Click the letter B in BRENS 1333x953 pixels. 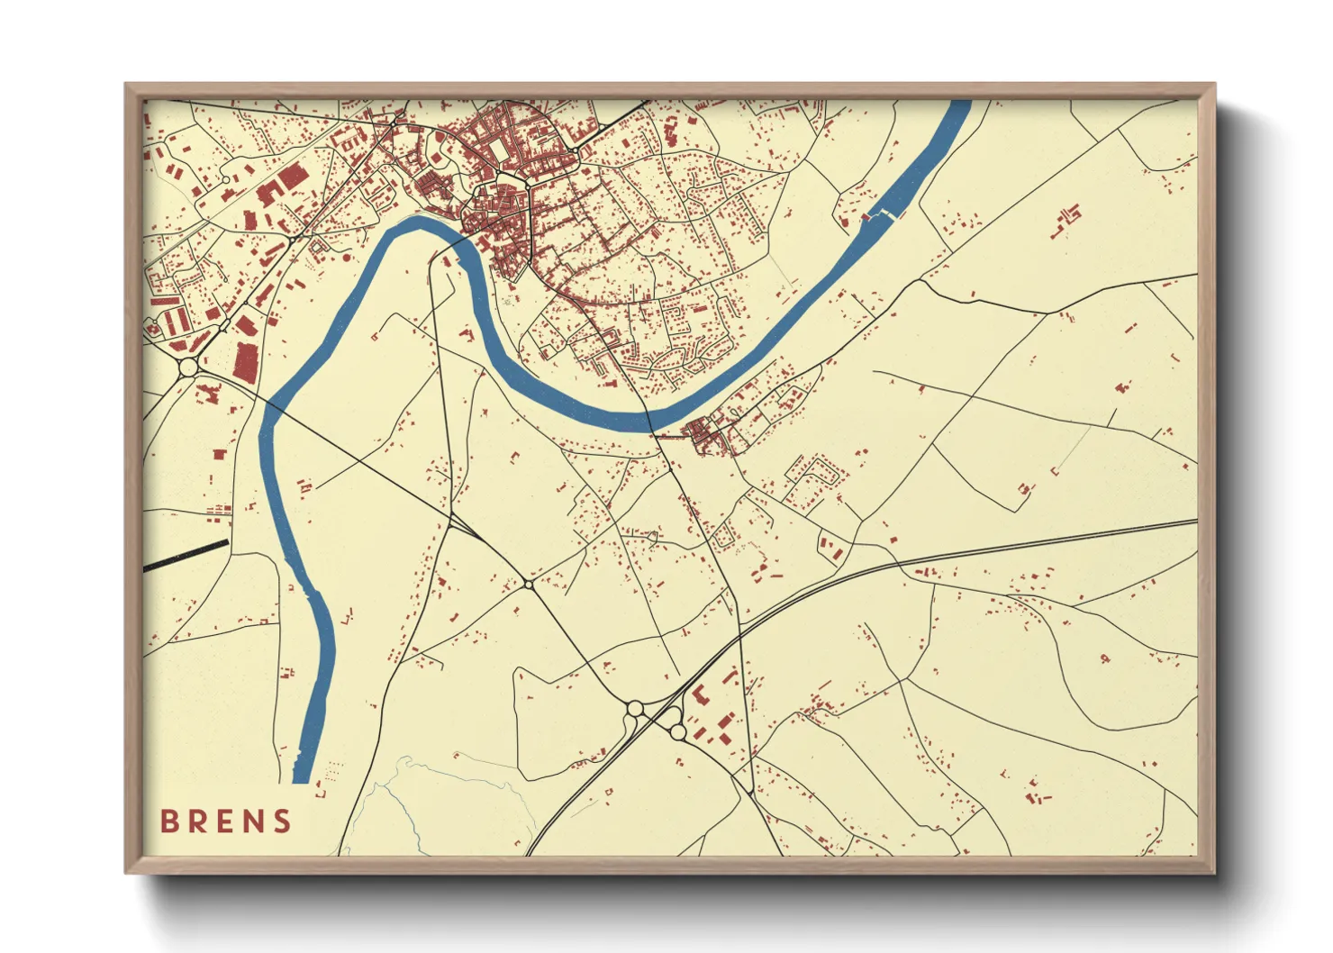point(168,821)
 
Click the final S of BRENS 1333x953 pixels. point(283,821)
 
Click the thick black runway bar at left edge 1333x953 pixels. point(186,556)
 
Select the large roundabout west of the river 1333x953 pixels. point(187,368)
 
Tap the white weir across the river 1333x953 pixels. point(884,214)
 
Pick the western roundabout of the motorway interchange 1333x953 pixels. point(635,709)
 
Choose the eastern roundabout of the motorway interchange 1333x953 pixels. point(676,732)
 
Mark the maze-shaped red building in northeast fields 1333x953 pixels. point(1068,217)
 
